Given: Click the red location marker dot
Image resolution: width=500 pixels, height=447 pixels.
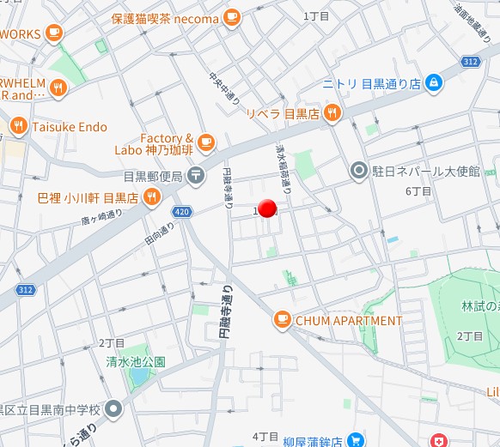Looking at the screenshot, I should (267, 208).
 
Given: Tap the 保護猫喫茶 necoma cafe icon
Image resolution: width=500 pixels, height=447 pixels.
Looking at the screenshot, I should (231, 16).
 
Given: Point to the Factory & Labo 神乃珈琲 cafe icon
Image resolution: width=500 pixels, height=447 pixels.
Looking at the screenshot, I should (204, 142).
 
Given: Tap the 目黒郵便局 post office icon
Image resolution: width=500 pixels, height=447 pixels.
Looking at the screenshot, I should (197, 177).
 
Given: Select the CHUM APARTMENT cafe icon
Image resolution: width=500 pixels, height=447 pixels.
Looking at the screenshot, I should (281, 321).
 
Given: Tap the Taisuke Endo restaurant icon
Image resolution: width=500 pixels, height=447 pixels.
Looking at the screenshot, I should (19, 127).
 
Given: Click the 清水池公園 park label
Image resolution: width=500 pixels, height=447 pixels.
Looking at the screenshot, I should (136, 361).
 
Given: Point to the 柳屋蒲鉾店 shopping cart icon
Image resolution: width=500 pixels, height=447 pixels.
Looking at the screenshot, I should (357, 440).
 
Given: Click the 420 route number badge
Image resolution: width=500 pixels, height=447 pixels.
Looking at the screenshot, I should (180, 210).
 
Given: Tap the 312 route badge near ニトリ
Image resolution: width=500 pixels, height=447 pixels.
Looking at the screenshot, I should (468, 62).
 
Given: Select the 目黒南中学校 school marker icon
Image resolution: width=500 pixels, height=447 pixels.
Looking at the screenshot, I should (114, 410).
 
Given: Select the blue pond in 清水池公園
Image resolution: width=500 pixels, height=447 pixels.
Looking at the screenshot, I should (137, 377).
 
